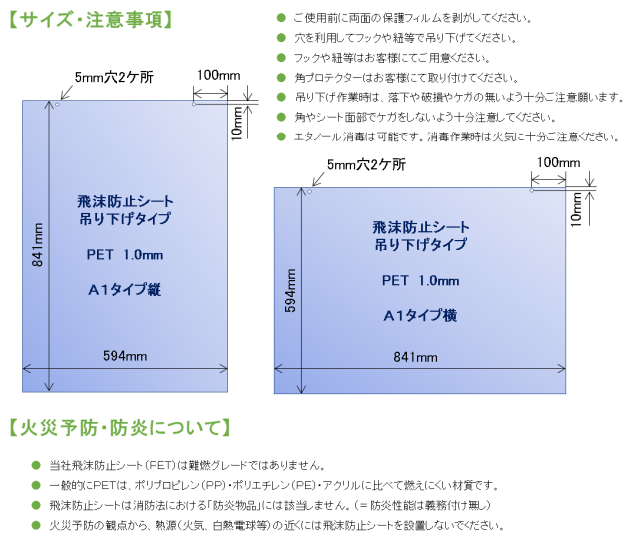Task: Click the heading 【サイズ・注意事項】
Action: [91, 19]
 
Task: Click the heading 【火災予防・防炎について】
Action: [120, 428]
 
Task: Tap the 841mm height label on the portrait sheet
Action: [37, 245]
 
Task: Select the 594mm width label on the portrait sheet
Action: [125, 356]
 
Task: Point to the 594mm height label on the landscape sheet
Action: [291, 291]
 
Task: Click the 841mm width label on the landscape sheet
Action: [415, 357]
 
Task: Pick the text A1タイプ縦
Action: [125, 290]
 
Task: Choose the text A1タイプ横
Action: [420, 315]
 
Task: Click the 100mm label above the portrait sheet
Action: [219, 75]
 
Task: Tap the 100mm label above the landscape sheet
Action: [558, 162]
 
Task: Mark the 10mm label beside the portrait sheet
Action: [237, 124]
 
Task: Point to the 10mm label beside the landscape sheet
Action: [576, 209]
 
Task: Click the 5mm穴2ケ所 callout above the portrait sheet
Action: [114, 77]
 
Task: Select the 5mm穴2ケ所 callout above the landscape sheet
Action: [366, 164]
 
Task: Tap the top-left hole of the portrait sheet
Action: [57, 105]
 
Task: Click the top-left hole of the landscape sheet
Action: [309, 192]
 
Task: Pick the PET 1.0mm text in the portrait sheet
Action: [125, 255]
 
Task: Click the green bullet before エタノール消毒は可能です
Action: [281, 136]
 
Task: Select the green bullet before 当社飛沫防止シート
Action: [36, 465]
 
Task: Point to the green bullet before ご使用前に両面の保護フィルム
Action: [281, 18]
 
